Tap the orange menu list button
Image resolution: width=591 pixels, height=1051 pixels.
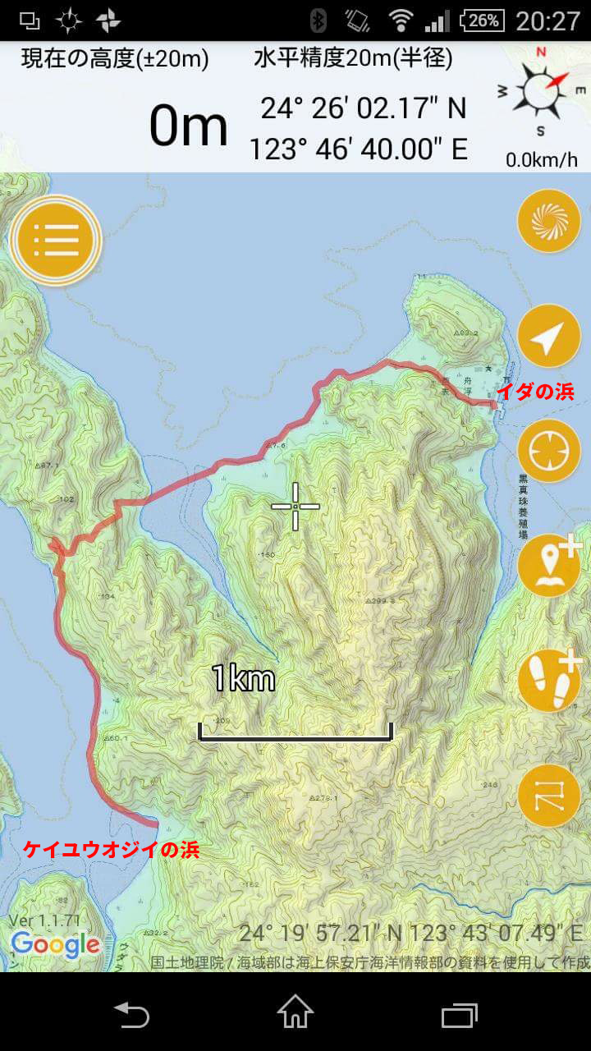click(56, 240)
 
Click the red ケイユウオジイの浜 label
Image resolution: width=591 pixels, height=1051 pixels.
click(111, 850)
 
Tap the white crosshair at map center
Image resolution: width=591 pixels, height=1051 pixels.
click(295, 507)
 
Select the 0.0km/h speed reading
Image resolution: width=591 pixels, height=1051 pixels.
click(541, 160)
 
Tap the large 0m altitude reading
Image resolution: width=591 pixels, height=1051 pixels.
click(188, 126)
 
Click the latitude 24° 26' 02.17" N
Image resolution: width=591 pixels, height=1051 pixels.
click(363, 108)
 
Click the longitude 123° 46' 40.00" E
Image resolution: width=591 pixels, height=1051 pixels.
click(358, 149)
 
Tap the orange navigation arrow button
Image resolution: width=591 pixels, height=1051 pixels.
click(549, 336)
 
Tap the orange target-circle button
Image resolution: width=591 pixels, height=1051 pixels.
click(549, 451)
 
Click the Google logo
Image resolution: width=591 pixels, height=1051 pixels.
click(56, 944)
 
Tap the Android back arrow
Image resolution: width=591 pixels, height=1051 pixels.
click(131, 1013)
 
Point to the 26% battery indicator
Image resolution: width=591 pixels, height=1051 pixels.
click(482, 20)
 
